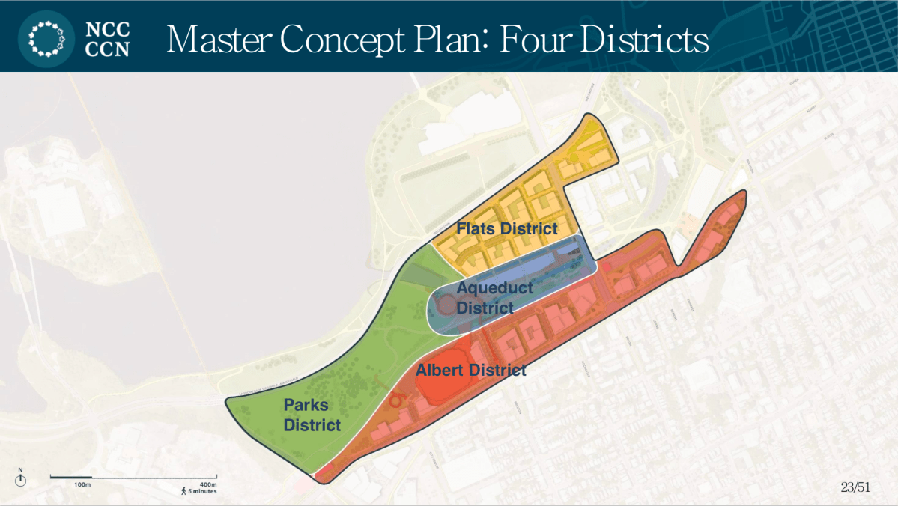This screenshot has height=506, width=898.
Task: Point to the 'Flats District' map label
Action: click(507, 228)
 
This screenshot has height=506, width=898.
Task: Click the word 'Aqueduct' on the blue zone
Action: click(494, 287)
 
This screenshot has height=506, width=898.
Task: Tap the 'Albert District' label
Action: click(471, 370)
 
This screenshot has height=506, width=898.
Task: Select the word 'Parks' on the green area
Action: click(306, 406)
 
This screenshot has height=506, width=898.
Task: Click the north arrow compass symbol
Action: click(21, 478)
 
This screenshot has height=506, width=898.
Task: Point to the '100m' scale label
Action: click(82, 485)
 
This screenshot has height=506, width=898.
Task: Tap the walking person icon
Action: click(183, 491)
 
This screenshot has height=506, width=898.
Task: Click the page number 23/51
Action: click(856, 487)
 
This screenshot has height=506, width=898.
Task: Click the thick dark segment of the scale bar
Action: click(71, 476)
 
